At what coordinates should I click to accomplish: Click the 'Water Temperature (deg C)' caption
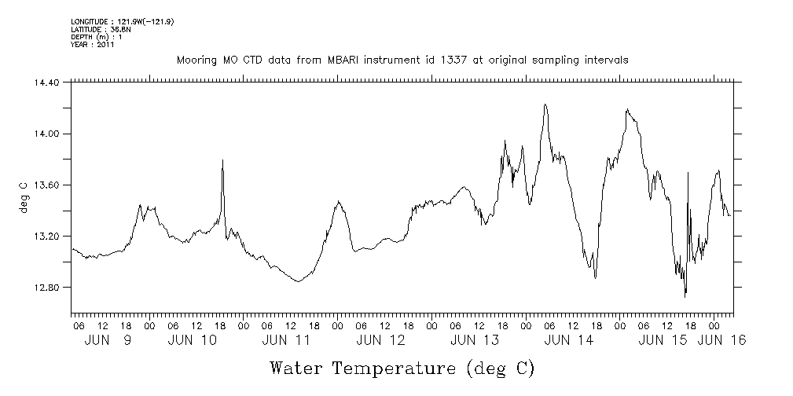click(402, 367)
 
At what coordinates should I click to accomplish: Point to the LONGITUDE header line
click(122, 22)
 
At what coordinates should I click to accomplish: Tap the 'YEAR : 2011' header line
click(93, 45)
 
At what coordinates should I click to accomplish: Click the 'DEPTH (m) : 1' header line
click(96, 37)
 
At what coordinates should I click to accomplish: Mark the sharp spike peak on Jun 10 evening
click(223, 160)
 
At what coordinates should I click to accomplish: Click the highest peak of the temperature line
click(545, 104)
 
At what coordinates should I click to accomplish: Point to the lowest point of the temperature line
click(685, 296)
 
